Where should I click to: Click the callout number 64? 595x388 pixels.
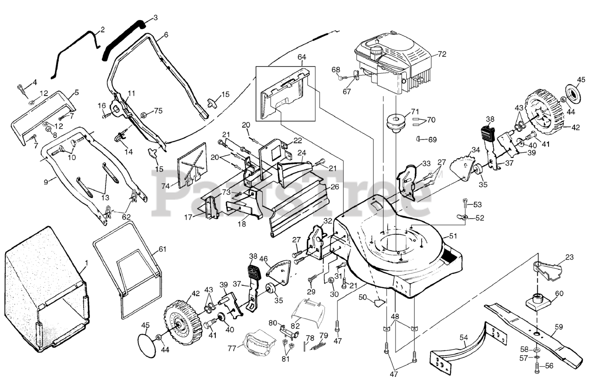[x=302, y=57]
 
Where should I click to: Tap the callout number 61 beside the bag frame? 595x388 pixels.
[x=162, y=249]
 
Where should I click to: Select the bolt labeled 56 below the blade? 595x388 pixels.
[x=538, y=367]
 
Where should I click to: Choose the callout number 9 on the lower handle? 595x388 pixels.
[x=46, y=182]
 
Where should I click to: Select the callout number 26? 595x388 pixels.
[x=334, y=187]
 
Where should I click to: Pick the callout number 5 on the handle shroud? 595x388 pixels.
[x=77, y=92]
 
